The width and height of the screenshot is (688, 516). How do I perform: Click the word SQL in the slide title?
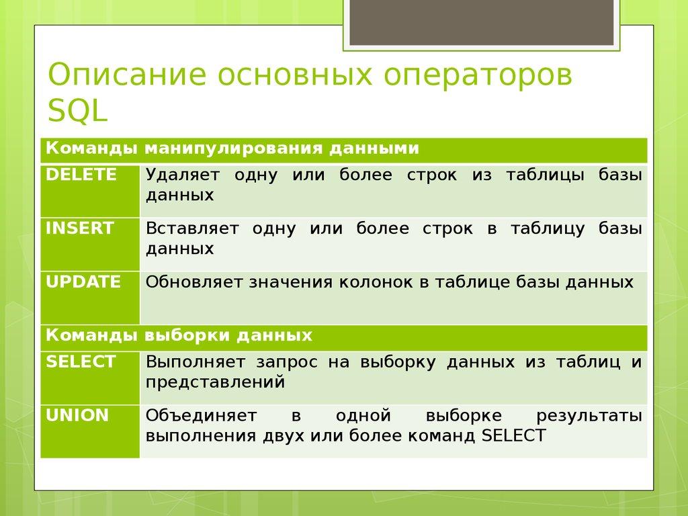pyautogui.click(x=77, y=110)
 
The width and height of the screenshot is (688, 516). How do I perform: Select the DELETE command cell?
pyautogui.click(x=90, y=189)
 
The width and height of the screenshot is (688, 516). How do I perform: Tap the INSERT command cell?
pyautogui.click(x=90, y=243)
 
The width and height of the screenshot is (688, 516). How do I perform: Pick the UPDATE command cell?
pyautogui.click(x=90, y=297)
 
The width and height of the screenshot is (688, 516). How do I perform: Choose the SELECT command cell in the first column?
pyautogui.click(x=90, y=377)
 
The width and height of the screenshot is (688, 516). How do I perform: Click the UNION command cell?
pyautogui.click(x=90, y=431)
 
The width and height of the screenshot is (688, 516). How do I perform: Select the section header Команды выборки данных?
pyautogui.click(x=179, y=335)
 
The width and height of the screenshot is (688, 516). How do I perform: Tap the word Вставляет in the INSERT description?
pyautogui.click(x=192, y=229)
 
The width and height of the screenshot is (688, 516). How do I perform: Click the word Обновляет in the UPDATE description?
pyautogui.click(x=195, y=282)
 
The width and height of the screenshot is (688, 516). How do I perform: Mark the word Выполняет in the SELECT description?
pyautogui.click(x=196, y=363)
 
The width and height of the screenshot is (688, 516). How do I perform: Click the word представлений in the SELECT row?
pyautogui.click(x=215, y=382)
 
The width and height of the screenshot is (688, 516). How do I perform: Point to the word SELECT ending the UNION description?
pyautogui.click(x=514, y=435)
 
